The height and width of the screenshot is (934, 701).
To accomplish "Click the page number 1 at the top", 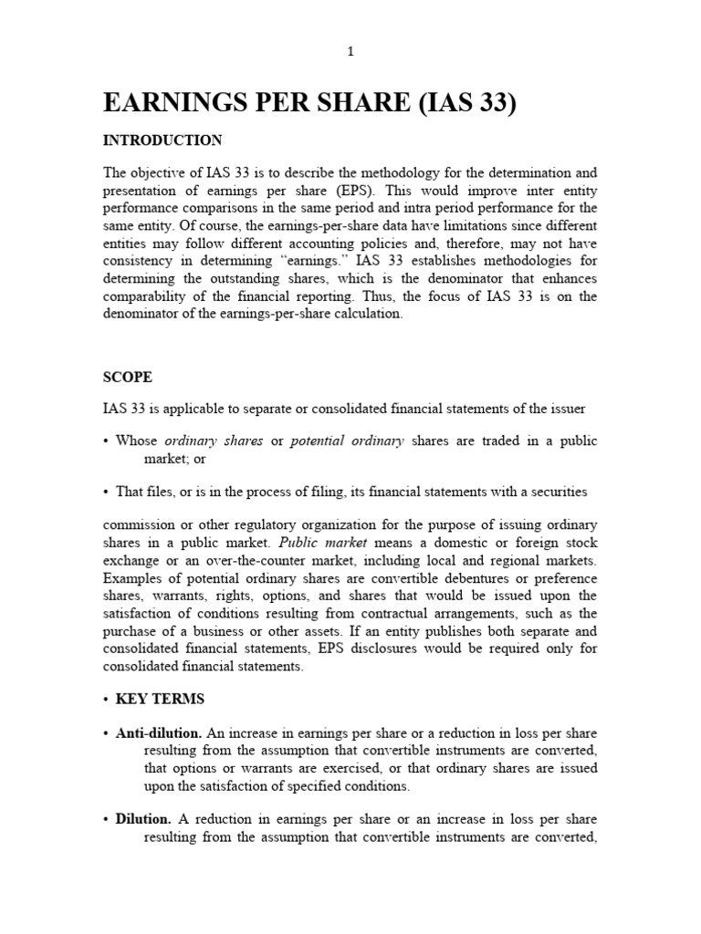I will coord(350,52).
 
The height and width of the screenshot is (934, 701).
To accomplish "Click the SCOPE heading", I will coord(127,377).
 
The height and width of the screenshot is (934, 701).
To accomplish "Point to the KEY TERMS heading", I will coord(160,699).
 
